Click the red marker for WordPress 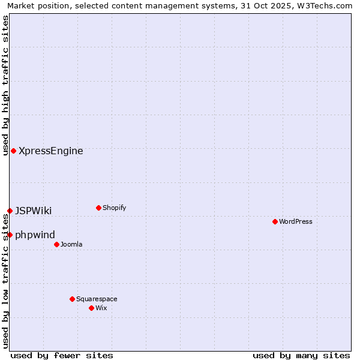click(275, 221)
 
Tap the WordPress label click(296, 221)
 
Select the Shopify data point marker click(98, 208)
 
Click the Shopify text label click(114, 208)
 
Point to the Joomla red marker click(56, 244)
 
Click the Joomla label click(71, 244)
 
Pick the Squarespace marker click(72, 299)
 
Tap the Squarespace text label click(97, 299)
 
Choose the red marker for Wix click(91, 308)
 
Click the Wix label click(101, 308)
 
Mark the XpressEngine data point click(13, 151)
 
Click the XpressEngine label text click(51, 151)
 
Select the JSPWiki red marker click(10, 211)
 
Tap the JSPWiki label click(33, 211)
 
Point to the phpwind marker click(10, 235)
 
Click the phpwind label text click(35, 235)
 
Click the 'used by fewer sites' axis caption click(62, 355)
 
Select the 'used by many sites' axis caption click(301, 355)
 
